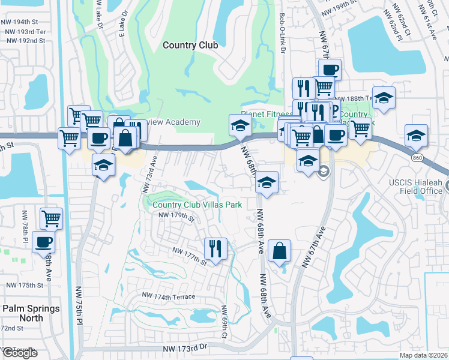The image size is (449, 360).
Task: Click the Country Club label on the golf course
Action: point(190,45)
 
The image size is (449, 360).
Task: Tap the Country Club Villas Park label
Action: point(197,205)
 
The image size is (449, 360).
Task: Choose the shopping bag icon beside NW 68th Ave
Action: point(280,250)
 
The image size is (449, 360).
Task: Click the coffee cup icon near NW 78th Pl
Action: point(43,242)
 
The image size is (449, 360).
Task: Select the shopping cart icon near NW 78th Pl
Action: point(51,218)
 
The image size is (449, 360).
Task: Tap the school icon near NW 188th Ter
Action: point(384,97)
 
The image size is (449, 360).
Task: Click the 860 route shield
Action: point(418,157)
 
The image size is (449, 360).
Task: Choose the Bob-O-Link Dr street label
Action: point(282,34)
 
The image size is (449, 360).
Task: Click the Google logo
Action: point(20,353)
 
